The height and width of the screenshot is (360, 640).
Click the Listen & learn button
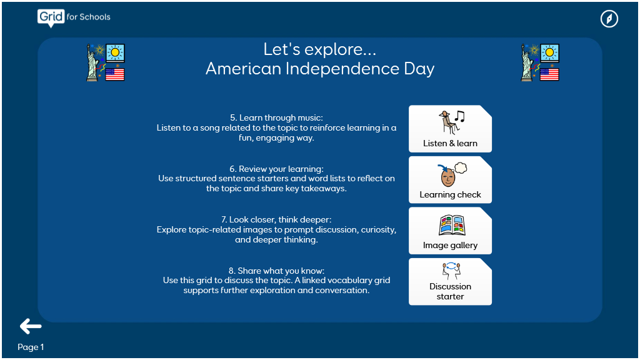[x=450, y=129]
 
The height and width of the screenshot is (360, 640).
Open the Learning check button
[x=450, y=180]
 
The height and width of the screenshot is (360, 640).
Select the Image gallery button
[x=450, y=231]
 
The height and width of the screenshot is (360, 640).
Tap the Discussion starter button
[x=450, y=282]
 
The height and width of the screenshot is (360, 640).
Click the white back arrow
[x=31, y=326]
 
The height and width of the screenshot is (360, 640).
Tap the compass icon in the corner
[x=609, y=19]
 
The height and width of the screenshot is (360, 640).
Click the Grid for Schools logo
[x=74, y=17]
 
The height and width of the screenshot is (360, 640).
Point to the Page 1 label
[x=31, y=347]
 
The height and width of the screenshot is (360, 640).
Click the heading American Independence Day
[x=319, y=69]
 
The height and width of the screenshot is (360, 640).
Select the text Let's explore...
[x=319, y=49]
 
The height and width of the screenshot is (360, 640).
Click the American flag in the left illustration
[x=115, y=74]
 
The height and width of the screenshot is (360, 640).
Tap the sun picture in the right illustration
[x=549, y=52]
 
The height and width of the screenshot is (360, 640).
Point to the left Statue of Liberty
[x=93, y=63]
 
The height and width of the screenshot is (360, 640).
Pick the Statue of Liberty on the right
[x=527, y=63]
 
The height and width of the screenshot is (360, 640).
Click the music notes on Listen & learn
[x=459, y=116]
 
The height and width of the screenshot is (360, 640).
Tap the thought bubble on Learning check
[x=461, y=167]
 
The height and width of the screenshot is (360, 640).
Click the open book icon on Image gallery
[x=452, y=225]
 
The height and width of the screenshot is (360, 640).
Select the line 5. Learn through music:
[x=276, y=117]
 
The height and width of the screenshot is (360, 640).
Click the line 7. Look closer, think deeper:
[x=276, y=219]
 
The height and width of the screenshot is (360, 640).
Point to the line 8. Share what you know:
[x=276, y=271]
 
